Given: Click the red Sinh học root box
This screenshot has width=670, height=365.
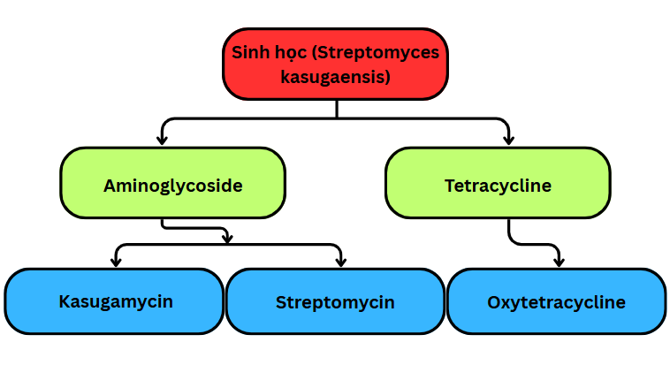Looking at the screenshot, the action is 335,65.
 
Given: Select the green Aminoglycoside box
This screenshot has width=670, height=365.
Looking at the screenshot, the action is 172,183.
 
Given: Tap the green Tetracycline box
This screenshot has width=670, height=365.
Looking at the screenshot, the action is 498,183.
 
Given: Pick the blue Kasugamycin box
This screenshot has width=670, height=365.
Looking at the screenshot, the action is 115,301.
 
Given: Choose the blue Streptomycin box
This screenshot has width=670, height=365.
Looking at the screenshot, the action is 335,301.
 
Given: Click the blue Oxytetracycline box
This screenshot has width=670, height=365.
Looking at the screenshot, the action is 556,301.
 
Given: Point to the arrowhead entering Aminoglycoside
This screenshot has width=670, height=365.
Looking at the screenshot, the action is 162,140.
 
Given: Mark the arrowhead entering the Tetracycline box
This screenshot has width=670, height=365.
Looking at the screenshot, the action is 508,140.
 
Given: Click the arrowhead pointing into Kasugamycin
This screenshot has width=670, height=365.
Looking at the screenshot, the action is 116,262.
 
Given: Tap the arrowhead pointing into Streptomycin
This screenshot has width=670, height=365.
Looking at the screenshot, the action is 340,262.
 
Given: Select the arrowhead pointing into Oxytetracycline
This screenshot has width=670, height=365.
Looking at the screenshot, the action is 559,262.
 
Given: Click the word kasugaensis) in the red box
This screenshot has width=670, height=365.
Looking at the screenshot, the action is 335,78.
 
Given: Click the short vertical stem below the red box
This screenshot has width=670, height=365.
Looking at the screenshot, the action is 337,109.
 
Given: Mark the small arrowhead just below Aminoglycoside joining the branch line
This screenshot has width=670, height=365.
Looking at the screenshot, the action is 227,238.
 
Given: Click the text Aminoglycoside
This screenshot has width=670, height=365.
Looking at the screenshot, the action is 172,186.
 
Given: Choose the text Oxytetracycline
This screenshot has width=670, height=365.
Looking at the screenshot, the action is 556,302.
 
